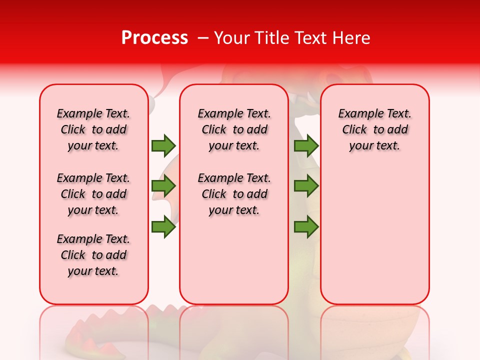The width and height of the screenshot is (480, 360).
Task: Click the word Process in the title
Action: pyautogui.click(x=154, y=38)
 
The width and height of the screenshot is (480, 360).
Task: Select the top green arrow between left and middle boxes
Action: pyautogui.click(x=163, y=145)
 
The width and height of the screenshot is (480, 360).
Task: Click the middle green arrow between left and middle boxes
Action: pyautogui.click(x=163, y=186)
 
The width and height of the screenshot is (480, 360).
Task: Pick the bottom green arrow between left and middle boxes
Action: pyautogui.click(x=163, y=227)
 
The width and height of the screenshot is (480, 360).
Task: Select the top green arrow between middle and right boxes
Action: pyautogui.click(x=306, y=145)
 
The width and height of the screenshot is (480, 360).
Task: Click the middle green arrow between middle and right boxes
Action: pyautogui.click(x=306, y=186)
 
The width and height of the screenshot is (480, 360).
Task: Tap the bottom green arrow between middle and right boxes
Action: pyautogui.click(x=306, y=227)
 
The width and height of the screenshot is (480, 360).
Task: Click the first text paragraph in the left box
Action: pyautogui.click(x=93, y=129)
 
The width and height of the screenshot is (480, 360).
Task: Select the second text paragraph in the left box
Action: pyautogui.click(x=93, y=194)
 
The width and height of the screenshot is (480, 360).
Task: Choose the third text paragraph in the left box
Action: pyautogui.click(x=93, y=255)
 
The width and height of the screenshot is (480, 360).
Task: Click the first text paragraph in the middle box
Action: pyautogui.click(x=234, y=129)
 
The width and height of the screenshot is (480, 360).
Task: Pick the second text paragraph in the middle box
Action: pyautogui.click(x=234, y=194)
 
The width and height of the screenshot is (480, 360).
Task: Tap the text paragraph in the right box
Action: pyautogui.click(x=374, y=129)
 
